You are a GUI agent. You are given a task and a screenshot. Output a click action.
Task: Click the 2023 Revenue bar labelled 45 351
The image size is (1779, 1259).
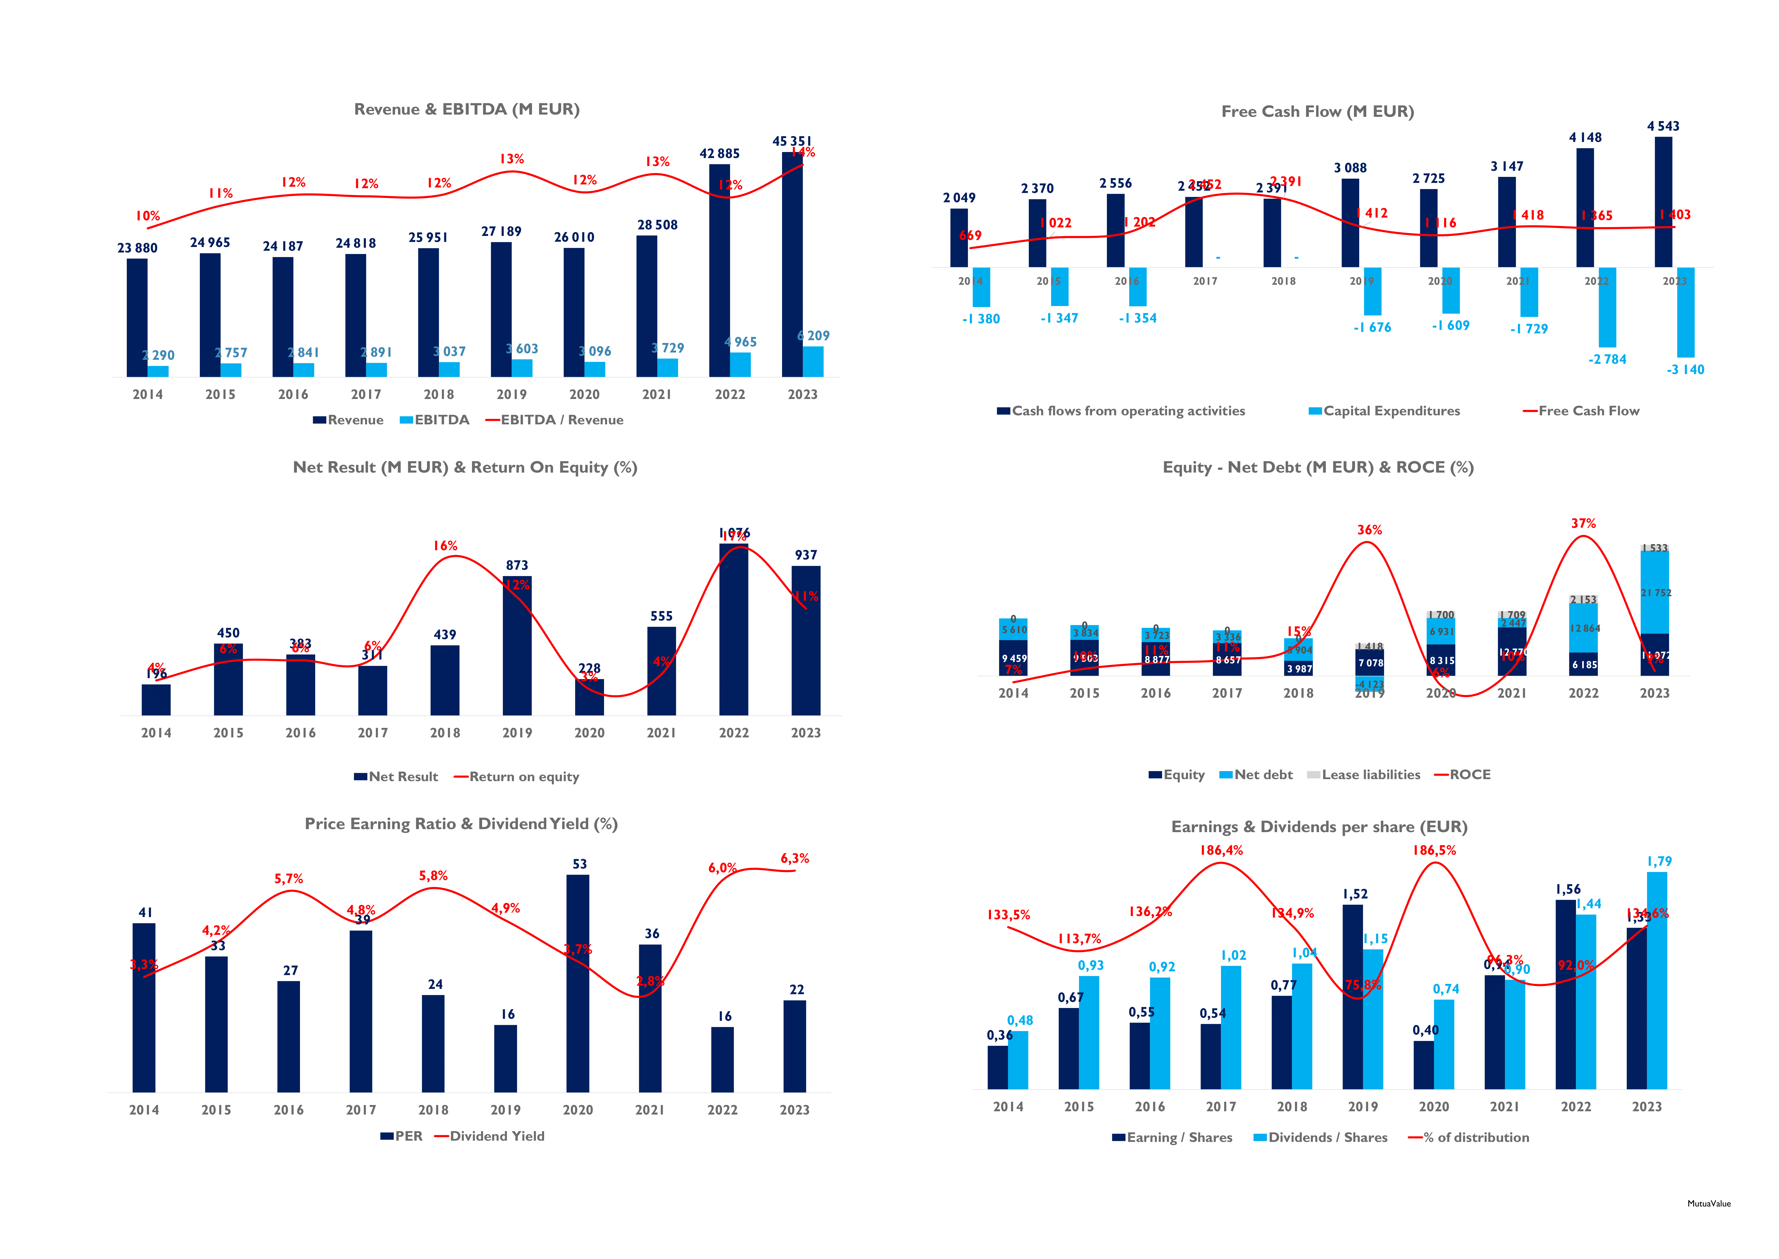tap(792, 264)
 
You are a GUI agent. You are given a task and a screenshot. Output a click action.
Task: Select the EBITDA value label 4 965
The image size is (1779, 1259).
tap(741, 342)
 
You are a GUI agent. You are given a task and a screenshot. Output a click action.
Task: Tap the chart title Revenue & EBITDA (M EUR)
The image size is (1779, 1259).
tap(466, 109)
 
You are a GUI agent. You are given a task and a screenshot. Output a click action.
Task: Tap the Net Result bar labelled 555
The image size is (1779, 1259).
tap(661, 671)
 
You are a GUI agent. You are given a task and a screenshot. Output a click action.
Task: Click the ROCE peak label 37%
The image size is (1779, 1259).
tap(1583, 523)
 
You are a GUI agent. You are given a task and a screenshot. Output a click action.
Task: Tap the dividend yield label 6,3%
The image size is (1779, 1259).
tap(794, 858)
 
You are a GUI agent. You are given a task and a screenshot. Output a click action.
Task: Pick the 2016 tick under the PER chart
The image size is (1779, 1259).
tap(288, 1110)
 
